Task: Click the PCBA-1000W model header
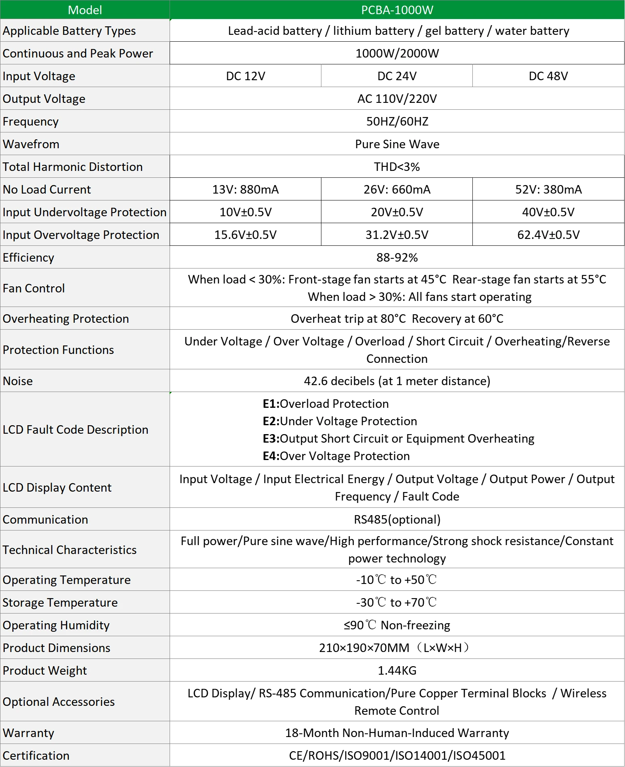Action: click(397, 10)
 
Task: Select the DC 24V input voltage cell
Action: click(397, 76)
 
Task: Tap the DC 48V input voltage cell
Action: click(548, 76)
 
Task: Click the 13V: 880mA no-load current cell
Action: click(245, 190)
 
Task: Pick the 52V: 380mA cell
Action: click(548, 190)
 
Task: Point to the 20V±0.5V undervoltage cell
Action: click(397, 212)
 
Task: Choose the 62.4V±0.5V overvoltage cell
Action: click(548, 235)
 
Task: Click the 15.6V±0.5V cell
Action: click(245, 235)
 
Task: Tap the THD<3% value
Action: click(397, 167)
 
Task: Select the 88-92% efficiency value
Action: click(397, 258)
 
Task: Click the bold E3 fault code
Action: click(271, 439)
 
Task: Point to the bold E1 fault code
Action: click(271, 404)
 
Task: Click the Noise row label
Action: click(18, 381)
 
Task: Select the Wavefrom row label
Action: click(31, 144)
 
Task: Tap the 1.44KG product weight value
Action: click(397, 671)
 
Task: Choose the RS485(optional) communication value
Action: click(397, 520)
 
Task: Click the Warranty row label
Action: click(28, 733)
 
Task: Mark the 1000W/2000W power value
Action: click(397, 53)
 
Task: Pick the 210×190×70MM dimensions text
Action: click(364, 648)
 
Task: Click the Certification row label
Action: click(36, 756)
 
